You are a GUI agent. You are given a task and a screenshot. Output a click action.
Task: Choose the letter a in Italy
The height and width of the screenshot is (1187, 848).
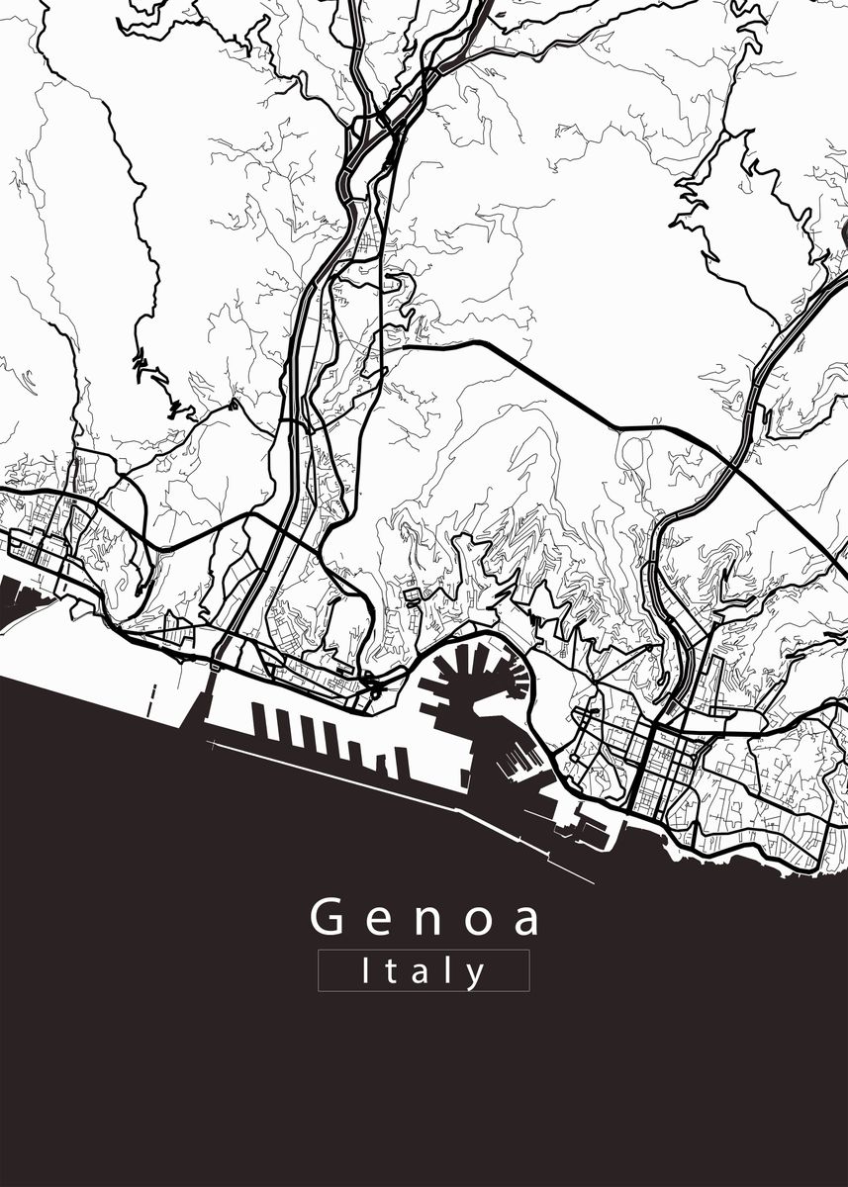click(x=424, y=973)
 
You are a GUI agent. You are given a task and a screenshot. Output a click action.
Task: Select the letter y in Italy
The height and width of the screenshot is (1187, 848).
click(x=476, y=975)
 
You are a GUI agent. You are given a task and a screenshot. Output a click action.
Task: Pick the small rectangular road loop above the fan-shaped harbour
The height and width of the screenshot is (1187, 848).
click(x=413, y=594)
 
